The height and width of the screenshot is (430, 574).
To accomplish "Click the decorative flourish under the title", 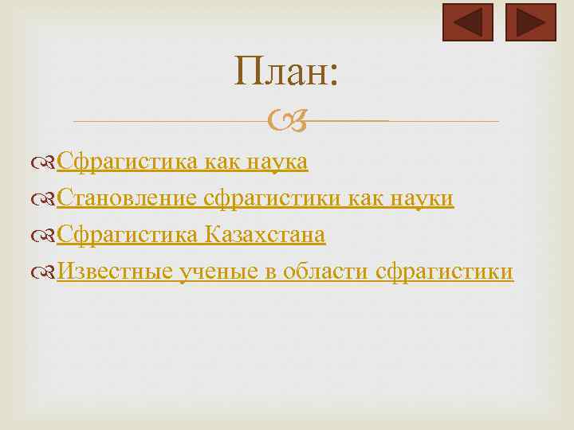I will click(x=286, y=122).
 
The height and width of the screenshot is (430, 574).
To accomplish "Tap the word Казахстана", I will click(x=265, y=235).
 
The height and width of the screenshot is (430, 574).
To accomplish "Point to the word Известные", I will click(x=115, y=272).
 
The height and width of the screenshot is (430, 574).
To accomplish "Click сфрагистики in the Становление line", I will click(x=273, y=198).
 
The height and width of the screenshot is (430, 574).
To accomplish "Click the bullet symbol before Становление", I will click(x=49, y=199).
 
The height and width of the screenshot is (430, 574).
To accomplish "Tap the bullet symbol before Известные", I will click(x=49, y=272).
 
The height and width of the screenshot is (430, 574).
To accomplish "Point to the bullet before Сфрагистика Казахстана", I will click(x=49, y=236).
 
